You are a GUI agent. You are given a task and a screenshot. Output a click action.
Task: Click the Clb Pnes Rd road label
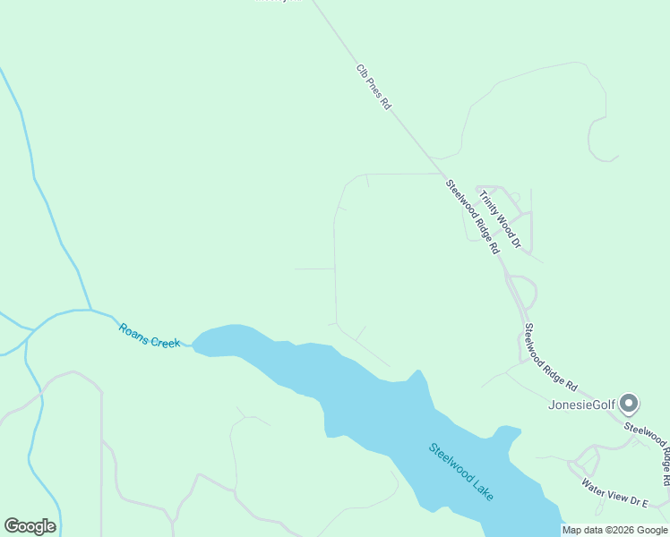374,87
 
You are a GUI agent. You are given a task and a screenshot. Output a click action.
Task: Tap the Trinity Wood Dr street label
499,218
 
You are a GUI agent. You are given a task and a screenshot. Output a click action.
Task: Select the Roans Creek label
150,336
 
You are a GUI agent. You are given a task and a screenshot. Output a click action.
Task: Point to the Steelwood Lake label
461,473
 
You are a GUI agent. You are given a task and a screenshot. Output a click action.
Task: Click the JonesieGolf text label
581,405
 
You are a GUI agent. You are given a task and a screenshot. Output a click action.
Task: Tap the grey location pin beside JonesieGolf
629,404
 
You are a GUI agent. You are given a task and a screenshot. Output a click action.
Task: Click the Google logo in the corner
30,526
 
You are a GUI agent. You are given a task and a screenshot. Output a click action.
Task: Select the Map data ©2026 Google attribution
615,530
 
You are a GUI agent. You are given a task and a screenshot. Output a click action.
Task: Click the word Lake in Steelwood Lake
483,490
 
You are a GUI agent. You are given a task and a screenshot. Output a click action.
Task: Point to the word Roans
133,331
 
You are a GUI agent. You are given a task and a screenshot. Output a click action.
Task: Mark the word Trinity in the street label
488,201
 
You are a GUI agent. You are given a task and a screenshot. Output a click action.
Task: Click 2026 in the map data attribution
612,530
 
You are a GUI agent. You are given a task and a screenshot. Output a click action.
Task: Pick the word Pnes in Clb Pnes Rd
374,88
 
